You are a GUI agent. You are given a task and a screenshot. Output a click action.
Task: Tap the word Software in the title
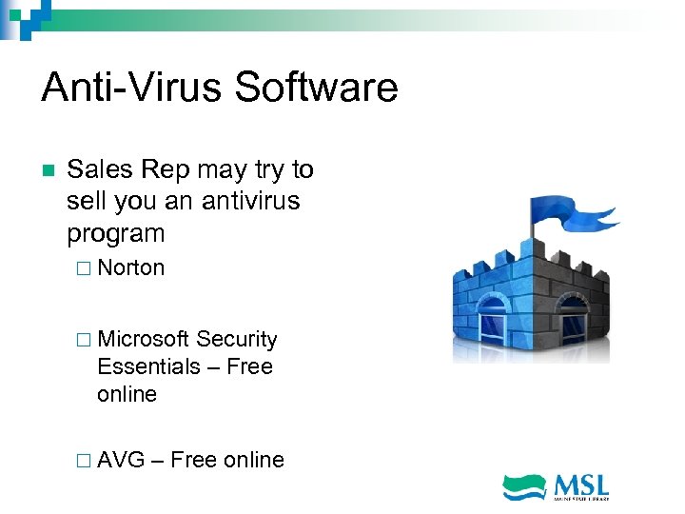click(x=316, y=88)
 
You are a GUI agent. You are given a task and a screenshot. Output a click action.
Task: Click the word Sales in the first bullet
click(x=100, y=170)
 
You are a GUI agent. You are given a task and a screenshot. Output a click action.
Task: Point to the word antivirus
click(x=248, y=202)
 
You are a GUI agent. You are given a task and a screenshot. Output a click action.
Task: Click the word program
click(x=116, y=233)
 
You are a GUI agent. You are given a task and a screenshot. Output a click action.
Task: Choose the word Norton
click(x=131, y=268)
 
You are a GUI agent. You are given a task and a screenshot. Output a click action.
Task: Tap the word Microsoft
click(x=143, y=340)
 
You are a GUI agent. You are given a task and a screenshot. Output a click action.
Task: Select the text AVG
click(x=121, y=461)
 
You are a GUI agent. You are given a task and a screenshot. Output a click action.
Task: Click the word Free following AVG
click(x=194, y=461)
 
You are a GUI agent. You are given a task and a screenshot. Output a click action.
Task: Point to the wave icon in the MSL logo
click(x=524, y=486)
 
